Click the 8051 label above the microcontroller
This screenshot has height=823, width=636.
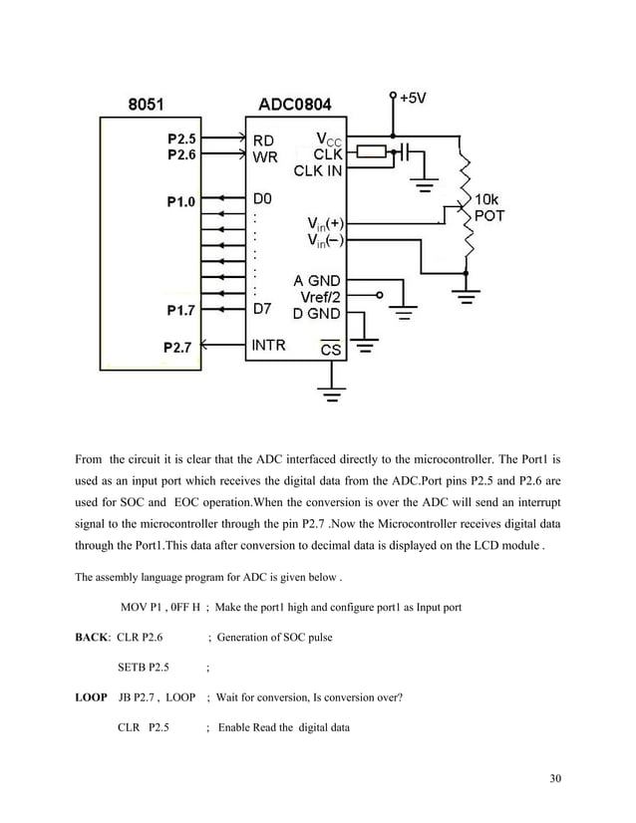coord(149,103)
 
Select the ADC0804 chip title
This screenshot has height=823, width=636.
coord(296,103)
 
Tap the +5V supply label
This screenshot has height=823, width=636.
coord(416,99)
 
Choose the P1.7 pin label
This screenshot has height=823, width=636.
coord(181,310)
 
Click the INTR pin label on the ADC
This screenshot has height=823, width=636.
coord(268,347)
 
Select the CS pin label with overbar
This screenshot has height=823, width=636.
coord(330,350)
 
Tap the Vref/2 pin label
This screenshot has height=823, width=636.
coord(320,296)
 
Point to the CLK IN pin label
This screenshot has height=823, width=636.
coord(317,170)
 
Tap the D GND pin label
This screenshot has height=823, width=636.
coord(317,313)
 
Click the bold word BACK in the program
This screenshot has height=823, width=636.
coord(94,636)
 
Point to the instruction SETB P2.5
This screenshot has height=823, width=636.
coord(144,667)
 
